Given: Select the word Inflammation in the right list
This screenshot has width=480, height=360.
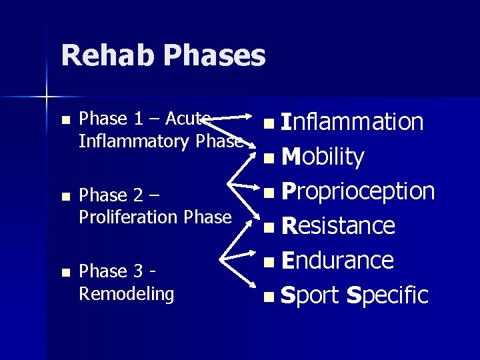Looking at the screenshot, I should click(x=352, y=122).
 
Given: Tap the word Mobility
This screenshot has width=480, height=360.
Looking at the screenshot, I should click(x=323, y=157).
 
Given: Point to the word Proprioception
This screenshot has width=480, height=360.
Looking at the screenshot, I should click(x=358, y=191).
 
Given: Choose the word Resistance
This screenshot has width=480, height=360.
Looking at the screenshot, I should click(x=338, y=226).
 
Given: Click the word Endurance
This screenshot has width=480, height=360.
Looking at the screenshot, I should click(x=337, y=260).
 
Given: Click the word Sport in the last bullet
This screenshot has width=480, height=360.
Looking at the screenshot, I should click(x=310, y=295).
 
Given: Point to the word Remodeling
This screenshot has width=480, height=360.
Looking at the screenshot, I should click(x=126, y=293).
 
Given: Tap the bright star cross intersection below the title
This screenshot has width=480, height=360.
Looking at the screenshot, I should click(x=47, y=98).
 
